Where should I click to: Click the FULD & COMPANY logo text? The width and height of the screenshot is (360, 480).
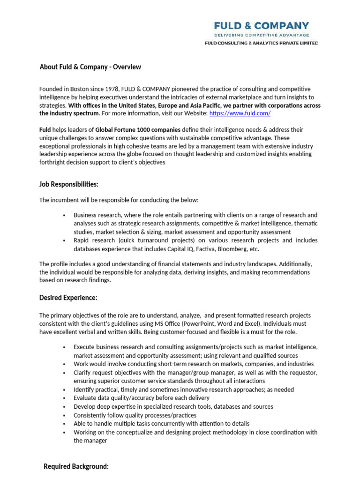coord(262,26)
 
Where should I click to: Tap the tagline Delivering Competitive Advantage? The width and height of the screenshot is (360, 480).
coord(262,35)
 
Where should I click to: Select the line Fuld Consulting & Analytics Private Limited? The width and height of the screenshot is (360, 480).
coord(262,43)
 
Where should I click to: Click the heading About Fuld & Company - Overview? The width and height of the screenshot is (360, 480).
coord(90,67)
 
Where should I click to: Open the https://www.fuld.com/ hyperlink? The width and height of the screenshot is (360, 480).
coord(240,113)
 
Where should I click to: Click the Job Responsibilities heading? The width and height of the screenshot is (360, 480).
coord(69,184)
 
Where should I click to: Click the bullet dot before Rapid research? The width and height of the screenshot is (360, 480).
coord(64,240)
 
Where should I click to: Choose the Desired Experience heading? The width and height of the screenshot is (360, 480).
coord(68,298)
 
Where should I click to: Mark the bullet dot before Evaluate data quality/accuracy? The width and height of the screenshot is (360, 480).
coord(64,398)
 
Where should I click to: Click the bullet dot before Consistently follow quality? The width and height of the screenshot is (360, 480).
coord(64,415)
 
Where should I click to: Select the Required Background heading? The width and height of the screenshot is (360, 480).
coord(76,466)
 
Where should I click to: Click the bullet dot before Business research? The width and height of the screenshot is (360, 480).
coord(64,215)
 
